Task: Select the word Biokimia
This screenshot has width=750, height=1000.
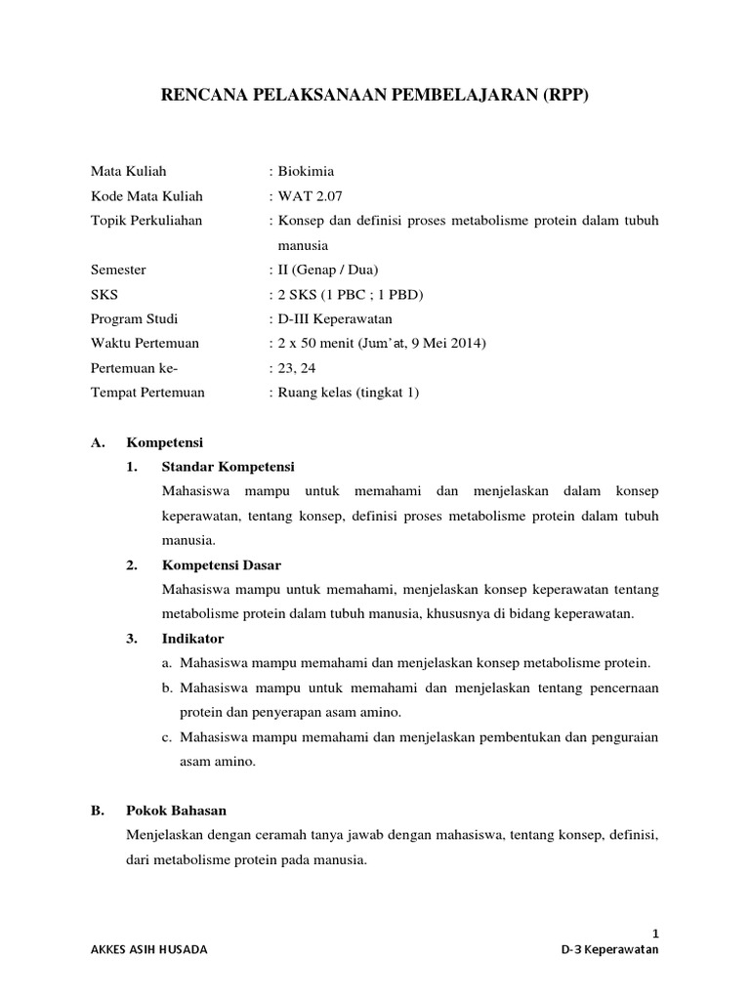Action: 307,172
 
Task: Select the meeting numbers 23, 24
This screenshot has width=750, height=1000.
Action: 295,367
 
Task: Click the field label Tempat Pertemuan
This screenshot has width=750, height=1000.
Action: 147,392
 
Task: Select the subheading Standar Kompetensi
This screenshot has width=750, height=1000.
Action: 228,466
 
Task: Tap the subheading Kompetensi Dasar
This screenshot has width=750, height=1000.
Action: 221,564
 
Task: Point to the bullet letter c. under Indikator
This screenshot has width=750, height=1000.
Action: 167,737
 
